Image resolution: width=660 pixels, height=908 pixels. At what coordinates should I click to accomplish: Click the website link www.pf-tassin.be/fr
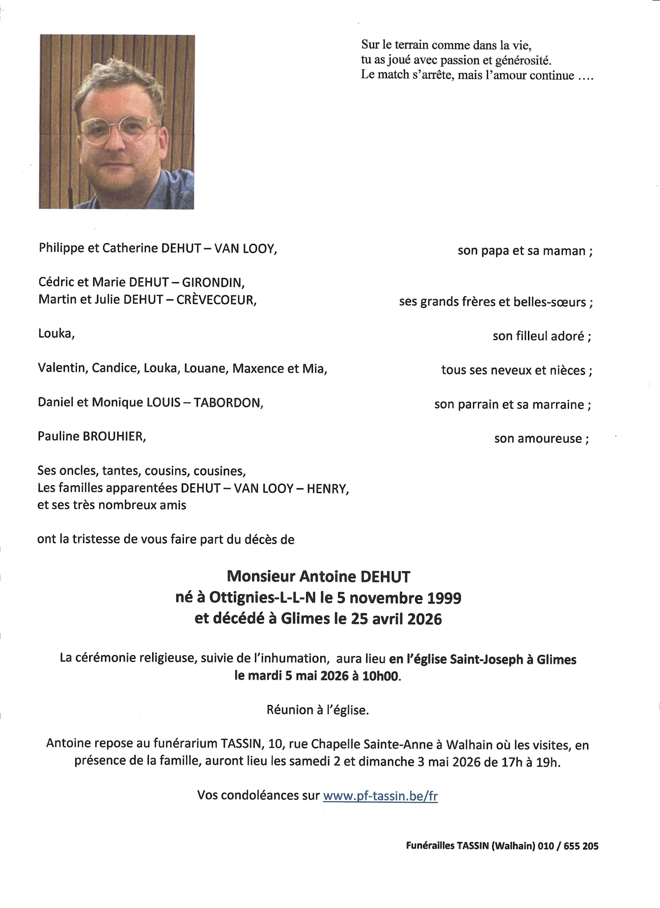click(x=380, y=796)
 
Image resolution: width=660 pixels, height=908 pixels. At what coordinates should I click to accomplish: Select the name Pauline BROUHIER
click(x=91, y=437)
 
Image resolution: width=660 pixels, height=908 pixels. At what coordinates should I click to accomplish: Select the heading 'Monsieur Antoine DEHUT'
click(x=318, y=577)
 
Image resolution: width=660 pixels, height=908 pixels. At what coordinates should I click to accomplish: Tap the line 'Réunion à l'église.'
click(x=317, y=710)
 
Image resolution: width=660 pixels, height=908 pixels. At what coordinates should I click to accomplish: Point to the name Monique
click(x=112, y=403)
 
